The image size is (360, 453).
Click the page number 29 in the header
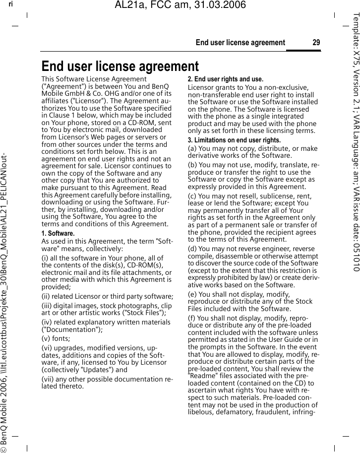[x=316, y=43]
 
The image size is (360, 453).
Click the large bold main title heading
[x=120, y=66]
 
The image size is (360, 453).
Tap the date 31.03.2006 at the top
[x=218, y=6]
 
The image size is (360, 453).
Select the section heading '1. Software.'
[x=58, y=233]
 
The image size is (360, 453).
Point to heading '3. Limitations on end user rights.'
[x=234, y=140]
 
